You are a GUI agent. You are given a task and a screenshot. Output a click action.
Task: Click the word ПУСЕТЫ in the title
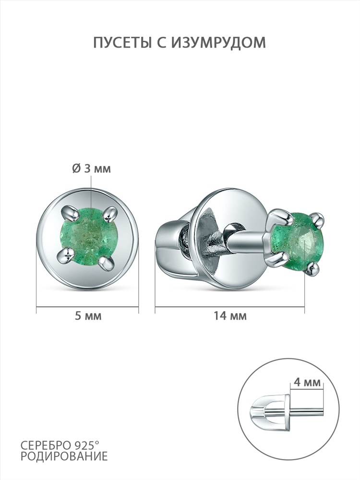coord(122,43)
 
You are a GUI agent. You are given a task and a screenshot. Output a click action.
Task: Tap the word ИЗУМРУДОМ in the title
coord(218,43)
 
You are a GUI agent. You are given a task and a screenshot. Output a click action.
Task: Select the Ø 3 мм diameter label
coord(92,168)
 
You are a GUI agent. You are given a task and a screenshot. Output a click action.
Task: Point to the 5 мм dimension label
coord(88,316)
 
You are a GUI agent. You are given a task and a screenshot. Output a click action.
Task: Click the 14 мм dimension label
coord(230,316)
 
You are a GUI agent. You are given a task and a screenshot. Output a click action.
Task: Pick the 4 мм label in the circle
coord(307,383)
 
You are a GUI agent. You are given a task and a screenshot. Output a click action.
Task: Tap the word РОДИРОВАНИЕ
coord(64,456)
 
